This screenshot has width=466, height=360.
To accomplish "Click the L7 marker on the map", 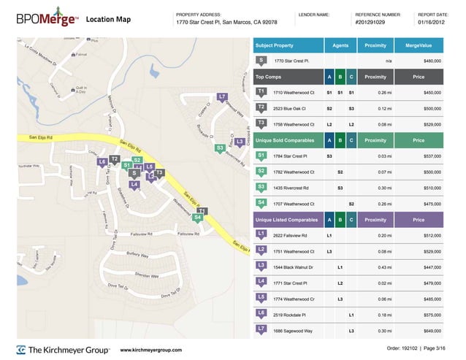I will (x=221, y=96).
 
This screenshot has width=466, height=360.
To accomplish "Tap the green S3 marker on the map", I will (x=219, y=148).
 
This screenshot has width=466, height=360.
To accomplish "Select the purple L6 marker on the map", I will (x=102, y=161).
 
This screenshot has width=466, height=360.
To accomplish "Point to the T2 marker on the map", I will (x=115, y=158).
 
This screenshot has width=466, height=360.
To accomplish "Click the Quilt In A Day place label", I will (x=80, y=91).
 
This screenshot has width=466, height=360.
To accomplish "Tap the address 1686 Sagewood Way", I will (x=291, y=331).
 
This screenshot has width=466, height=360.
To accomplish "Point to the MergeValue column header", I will (x=419, y=45).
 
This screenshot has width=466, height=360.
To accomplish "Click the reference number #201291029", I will (x=374, y=23).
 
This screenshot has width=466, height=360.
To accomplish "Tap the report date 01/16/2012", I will (x=430, y=23).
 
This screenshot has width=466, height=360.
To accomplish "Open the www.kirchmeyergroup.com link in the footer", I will (x=150, y=350).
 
